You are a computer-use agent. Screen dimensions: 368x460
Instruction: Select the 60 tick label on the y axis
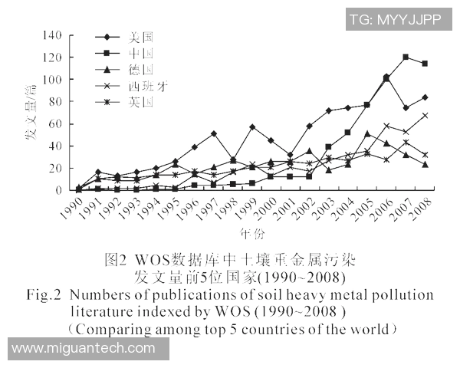55,124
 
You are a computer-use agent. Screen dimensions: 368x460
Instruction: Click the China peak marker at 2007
406,58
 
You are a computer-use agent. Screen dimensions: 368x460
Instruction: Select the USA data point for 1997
213,133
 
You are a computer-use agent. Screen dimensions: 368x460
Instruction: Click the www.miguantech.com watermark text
84,349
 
